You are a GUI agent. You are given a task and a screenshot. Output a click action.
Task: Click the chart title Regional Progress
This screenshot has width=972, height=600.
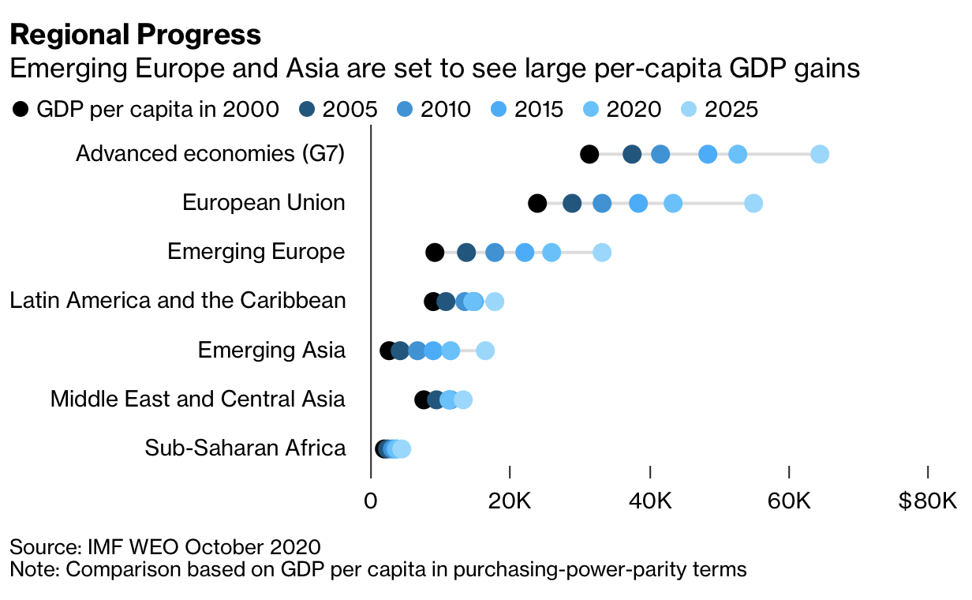(135, 35)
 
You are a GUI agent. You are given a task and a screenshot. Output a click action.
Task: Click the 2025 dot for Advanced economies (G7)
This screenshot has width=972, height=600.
(820, 154)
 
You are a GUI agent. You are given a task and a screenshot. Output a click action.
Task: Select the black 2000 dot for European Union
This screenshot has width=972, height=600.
(537, 204)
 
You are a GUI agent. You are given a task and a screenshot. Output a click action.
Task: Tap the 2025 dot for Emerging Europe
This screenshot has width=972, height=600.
(602, 253)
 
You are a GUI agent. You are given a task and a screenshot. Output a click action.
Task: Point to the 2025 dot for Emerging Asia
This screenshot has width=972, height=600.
(485, 351)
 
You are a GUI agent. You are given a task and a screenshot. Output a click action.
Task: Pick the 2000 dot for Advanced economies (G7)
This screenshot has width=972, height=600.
(589, 154)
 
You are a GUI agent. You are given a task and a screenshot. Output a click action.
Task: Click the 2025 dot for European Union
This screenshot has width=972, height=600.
(753, 204)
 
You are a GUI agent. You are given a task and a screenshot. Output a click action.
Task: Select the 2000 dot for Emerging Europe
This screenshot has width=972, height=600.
(435, 253)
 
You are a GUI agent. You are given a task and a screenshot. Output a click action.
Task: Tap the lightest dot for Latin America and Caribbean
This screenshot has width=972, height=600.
(495, 302)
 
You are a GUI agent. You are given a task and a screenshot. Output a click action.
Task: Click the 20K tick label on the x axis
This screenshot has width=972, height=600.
(510, 501)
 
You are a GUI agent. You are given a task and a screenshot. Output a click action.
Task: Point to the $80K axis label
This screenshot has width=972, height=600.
(927, 501)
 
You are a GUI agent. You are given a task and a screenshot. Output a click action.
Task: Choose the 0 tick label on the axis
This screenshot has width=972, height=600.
(370, 501)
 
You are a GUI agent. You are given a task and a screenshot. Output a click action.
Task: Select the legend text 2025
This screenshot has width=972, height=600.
(732, 110)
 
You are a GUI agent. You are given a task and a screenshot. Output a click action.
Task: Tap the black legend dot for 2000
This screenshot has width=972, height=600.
(21, 110)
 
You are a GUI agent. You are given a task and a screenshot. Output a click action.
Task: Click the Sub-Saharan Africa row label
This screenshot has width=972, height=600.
(245, 448)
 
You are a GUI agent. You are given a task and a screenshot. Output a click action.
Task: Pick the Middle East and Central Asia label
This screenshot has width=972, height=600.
(197, 399)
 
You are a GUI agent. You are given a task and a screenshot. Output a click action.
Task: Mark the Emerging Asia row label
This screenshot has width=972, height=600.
(271, 351)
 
